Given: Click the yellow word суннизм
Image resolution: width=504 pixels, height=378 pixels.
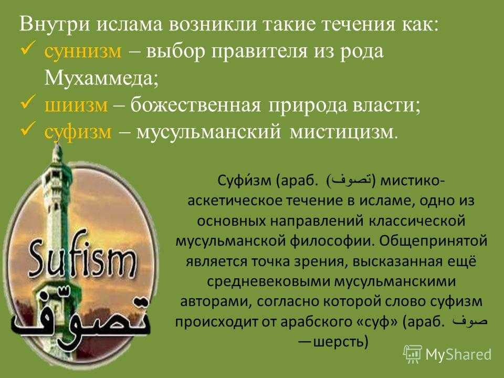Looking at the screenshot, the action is (x=83, y=51).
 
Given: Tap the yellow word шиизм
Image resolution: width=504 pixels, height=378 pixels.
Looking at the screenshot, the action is (x=76, y=106).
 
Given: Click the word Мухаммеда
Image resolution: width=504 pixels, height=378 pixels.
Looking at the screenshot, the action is (x=101, y=78).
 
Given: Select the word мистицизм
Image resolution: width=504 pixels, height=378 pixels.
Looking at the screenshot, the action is (x=343, y=132).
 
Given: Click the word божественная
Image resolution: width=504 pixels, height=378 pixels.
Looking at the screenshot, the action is (x=195, y=106).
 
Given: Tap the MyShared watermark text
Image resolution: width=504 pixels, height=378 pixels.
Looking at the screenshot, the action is (x=458, y=354).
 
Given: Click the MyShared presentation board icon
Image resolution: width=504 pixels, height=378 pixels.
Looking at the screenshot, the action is (x=413, y=354).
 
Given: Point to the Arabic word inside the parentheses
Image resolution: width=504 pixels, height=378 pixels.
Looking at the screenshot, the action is (x=351, y=181).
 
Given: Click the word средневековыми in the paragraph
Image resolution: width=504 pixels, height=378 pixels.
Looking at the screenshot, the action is (x=268, y=282).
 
